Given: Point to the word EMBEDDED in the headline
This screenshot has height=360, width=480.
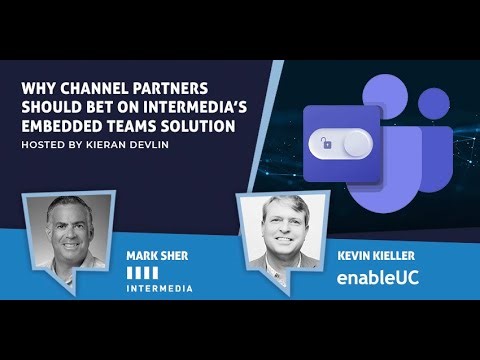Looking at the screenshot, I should point(60,126).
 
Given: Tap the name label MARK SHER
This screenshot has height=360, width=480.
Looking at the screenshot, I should point(158,255).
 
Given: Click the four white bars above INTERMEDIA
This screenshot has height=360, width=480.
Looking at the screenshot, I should point(143,271).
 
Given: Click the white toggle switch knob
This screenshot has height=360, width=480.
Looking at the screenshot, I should point(356,146).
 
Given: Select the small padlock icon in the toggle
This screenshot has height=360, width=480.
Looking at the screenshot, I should point(326,146).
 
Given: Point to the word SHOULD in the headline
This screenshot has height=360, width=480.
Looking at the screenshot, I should point(53,107).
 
